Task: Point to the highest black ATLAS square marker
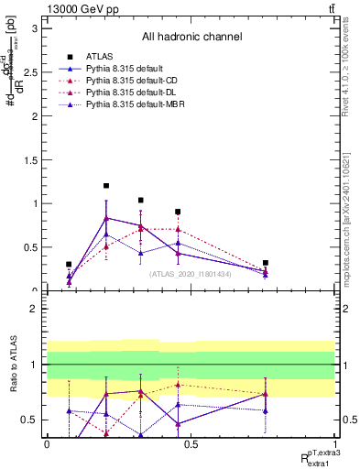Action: tap(106, 186)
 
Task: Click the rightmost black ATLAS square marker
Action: tap(266, 263)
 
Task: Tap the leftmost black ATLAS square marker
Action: tap(69, 264)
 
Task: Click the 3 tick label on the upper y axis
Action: tap(36, 27)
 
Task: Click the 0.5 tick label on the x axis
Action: tap(191, 444)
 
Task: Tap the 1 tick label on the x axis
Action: tap(334, 444)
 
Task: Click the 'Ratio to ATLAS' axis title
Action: tap(12, 366)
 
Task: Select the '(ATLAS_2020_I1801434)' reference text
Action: tap(191, 273)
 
